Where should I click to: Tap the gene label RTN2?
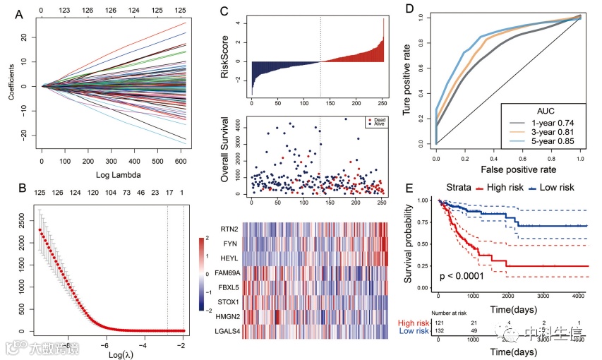tap(227, 228)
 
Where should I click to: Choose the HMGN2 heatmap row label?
tap(224, 316)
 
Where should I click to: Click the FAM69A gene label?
tap(222, 272)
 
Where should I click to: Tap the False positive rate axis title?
tap(509, 170)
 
